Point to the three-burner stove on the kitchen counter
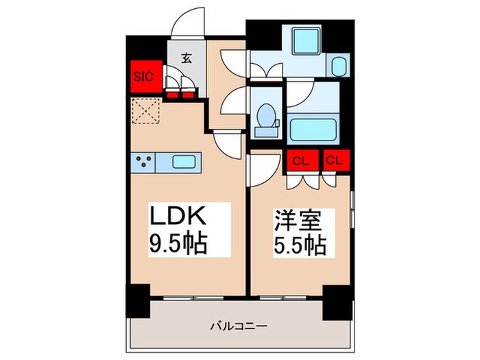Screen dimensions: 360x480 [x=143, y=163]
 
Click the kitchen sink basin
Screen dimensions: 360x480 [x=182, y=163]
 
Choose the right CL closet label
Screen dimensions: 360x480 [x=335, y=162]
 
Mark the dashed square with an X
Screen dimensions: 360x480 [x=145, y=111]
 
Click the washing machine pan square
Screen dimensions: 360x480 [x=302, y=41]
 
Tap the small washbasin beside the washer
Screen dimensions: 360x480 [x=339, y=67]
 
